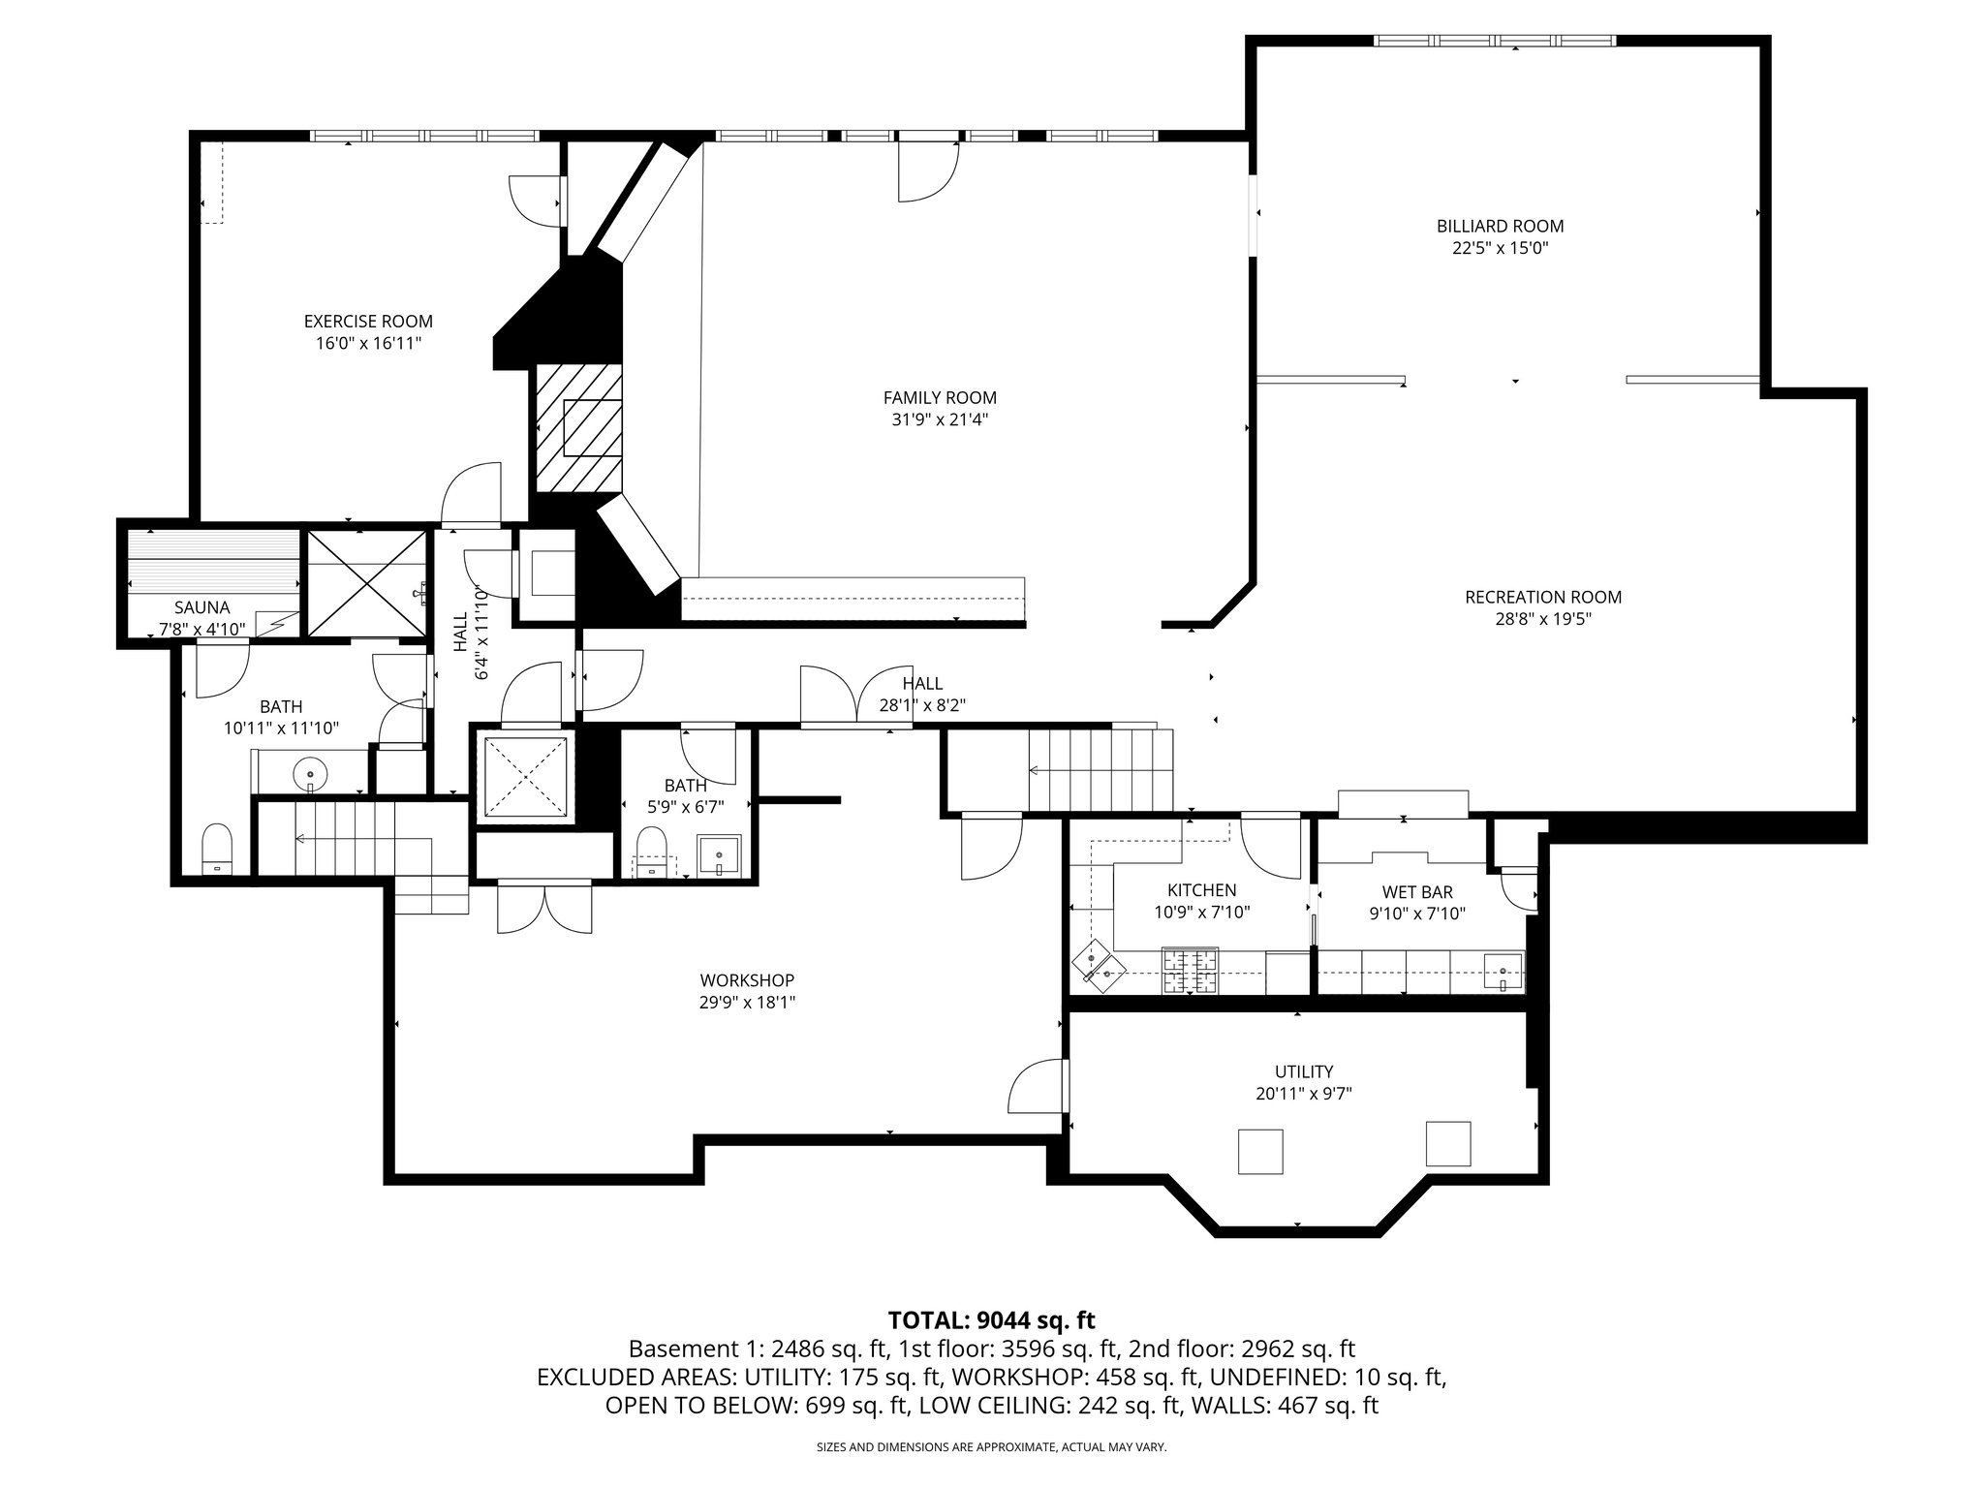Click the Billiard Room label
pyautogui.click(x=1500, y=226)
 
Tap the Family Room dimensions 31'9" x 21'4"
pyautogui.click(x=939, y=419)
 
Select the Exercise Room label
pyautogui.click(x=368, y=321)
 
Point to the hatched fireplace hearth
pyautogui.click(x=579, y=427)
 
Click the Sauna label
pyautogui.click(x=201, y=607)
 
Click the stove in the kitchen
pyautogui.click(x=1190, y=971)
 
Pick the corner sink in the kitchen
pyautogui.click(x=1097, y=965)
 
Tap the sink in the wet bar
pyautogui.click(x=1503, y=969)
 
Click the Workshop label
pyautogui.click(x=747, y=980)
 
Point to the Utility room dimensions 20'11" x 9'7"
pyautogui.click(x=1303, y=1094)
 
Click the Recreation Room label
pyautogui.click(x=1542, y=597)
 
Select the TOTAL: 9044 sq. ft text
pyautogui.click(x=991, y=1319)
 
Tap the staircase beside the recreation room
pyautogui.click(x=1100, y=769)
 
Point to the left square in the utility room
pyautogui.click(x=1261, y=1151)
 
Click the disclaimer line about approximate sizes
pyautogui.click(x=991, y=1446)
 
